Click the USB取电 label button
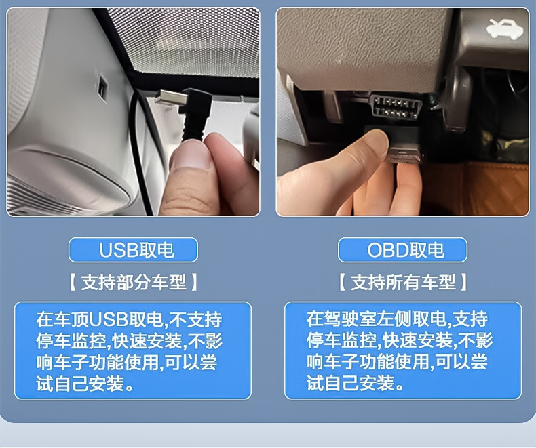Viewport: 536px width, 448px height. coord(133,249)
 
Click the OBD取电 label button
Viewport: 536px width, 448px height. coord(402,249)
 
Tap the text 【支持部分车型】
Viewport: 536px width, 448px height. coord(133,283)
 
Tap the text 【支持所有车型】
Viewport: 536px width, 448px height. coord(403,283)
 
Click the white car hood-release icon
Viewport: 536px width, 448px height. coord(505,28)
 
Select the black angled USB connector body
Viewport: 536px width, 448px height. coord(196,110)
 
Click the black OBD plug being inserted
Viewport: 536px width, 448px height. coord(403,144)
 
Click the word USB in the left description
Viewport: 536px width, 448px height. coord(108,319)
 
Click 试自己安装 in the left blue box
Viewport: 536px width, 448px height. coord(80,384)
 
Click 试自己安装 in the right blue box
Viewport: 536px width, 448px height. coord(350,383)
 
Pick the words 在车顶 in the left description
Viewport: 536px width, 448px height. coord(62,319)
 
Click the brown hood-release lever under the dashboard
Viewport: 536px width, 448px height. coord(459,99)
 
